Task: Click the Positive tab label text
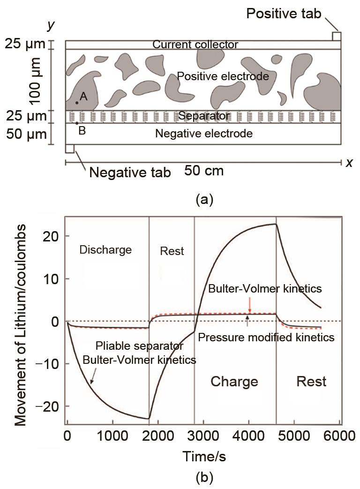click(x=284, y=14)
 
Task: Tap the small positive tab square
click(x=337, y=36)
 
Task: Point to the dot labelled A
click(x=77, y=102)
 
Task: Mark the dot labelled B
click(x=77, y=123)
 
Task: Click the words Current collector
click(x=195, y=45)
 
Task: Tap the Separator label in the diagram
click(x=204, y=116)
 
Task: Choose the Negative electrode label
click(x=204, y=134)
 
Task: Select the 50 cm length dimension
click(x=203, y=171)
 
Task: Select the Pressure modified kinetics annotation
click(x=266, y=337)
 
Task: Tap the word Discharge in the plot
click(x=105, y=250)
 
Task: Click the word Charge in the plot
click(x=234, y=381)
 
